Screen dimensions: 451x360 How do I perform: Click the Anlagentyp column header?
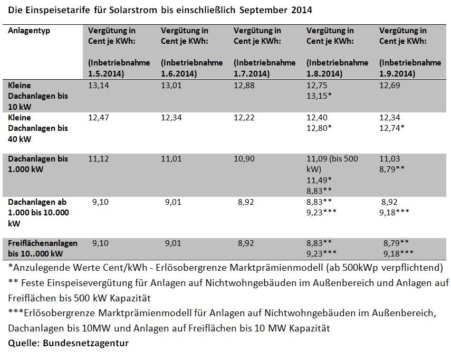coord(29,31)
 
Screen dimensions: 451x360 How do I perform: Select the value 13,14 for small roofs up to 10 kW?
coord(98,86)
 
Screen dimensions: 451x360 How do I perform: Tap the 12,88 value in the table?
coord(244,86)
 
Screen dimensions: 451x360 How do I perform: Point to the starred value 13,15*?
coord(319,96)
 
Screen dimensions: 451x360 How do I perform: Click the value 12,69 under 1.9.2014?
coord(389,86)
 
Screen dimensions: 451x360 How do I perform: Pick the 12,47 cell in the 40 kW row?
coord(98,118)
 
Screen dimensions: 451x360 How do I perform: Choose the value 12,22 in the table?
coord(244,118)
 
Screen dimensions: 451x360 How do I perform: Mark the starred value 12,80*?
coord(319,128)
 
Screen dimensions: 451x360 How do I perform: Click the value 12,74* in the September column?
coord(392,128)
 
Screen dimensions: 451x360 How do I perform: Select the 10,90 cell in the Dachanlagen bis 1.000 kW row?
coord(244,159)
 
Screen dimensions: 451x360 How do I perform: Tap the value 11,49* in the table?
coord(319,181)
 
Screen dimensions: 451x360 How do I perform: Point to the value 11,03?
coord(389,159)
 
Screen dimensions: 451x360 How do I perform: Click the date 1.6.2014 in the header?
coord(179,74)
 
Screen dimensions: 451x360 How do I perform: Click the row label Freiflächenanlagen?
coord(43,243)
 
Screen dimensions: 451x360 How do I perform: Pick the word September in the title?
coord(263,11)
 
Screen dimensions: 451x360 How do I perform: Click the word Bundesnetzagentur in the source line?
coord(85,343)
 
